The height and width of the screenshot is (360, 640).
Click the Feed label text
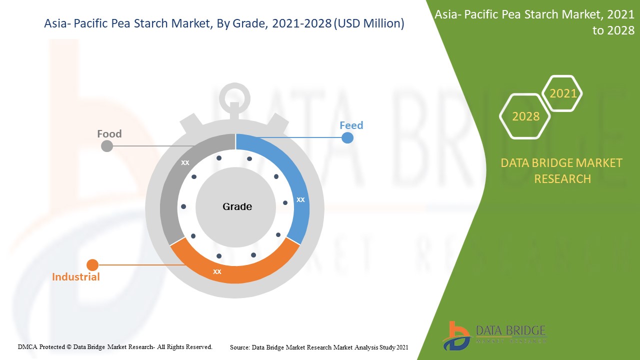(x=351, y=125)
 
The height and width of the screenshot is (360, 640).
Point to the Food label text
(x=109, y=133)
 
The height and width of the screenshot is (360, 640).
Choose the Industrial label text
(x=76, y=276)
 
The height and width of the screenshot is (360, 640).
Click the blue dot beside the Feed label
(x=347, y=137)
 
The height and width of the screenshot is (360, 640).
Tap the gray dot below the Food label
(x=107, y=145)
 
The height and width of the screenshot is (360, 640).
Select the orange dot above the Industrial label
(x=92, y=265)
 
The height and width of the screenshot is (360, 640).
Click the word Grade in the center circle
(x=237, y=206)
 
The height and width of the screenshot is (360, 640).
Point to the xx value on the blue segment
(x=300, y=199)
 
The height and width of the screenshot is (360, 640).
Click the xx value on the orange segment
(x=217, y=271)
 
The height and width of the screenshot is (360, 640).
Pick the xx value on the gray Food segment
(x=185, y=162)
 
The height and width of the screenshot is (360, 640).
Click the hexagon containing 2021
(x=563, y=93)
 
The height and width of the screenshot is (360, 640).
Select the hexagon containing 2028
(x=525, y=116)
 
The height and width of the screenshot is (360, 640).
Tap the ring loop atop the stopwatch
(x=234, y=94)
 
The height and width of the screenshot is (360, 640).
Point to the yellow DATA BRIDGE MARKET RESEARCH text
(x=562, y=170)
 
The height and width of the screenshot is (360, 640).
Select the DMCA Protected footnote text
(x=115, y=346)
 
